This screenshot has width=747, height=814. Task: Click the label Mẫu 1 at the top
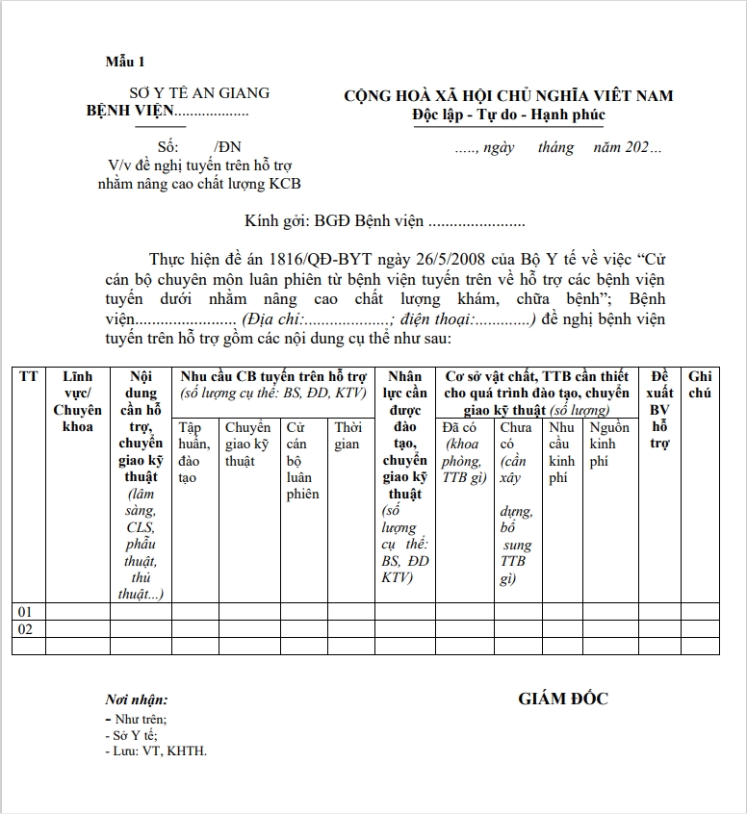(x=124, y=63)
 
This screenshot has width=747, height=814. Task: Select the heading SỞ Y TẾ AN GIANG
(x=199, y=93)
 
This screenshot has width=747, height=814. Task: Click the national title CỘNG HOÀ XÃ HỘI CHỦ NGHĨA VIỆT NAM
(x=508, y=95)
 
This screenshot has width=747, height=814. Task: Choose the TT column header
(x=29, y=376)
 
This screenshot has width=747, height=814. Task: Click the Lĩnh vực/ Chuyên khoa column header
(x=77, y=401)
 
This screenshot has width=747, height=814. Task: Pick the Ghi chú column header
(x=700, y=385)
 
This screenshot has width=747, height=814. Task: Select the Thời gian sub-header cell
(x=348, y=436)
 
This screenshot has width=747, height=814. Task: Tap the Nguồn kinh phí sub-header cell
(x=609, y=445)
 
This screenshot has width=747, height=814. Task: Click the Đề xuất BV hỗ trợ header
(x=659, y=410)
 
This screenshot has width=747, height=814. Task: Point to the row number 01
(x=26, y=612)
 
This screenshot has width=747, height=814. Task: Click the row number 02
(x=26, y=629)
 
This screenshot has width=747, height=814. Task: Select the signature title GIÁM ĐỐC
(x=563, y=700)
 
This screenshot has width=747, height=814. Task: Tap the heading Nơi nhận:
(x=137, y=700)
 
